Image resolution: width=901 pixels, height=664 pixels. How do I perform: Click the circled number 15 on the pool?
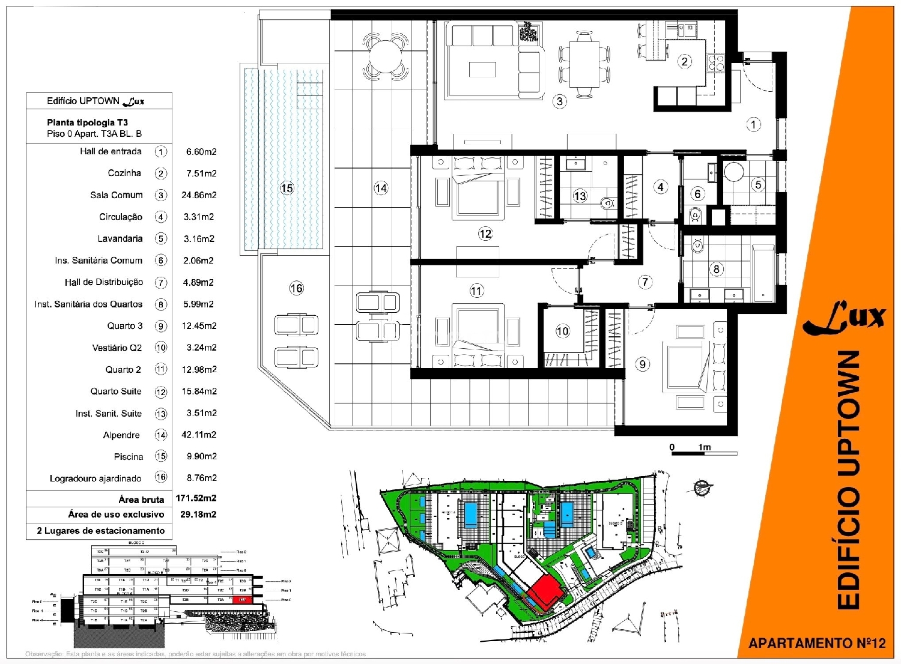coord(287,189)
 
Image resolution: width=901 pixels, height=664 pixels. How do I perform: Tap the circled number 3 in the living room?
coord(559,101)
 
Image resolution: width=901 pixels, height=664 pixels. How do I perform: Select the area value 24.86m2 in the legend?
coord(199,195)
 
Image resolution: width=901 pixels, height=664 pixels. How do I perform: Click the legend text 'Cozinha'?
coord(124,173)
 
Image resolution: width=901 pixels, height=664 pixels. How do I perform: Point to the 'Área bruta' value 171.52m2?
coord(196,498)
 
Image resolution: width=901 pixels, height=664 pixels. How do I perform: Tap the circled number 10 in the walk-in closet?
coord(562,331)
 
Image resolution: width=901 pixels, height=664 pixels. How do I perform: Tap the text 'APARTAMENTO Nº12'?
coord(816,643)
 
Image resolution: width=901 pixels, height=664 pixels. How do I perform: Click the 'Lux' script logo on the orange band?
coord(844,318)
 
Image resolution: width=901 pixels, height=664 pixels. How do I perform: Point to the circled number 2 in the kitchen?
coord(684,61)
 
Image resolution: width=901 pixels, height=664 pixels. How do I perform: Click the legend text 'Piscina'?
coord(129,457)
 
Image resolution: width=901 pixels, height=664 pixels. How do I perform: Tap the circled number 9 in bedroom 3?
coord(643,364)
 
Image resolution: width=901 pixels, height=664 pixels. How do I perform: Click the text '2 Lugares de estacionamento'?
coord(100,531)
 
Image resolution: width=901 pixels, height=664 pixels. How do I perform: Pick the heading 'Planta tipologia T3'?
coord(87,122)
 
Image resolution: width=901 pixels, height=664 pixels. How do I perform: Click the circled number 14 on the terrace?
coord(381,189)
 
